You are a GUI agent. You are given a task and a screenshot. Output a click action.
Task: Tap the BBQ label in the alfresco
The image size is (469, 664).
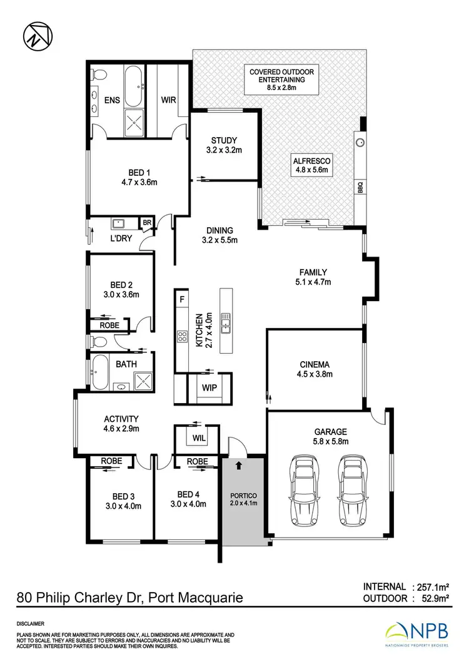pos(360,187)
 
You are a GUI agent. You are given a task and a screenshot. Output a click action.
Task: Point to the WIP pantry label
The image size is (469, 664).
pos(209,387)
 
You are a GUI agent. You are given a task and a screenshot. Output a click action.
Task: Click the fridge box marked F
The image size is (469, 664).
pos(182,299)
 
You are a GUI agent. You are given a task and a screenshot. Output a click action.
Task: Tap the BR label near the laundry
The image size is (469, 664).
pos(148,223)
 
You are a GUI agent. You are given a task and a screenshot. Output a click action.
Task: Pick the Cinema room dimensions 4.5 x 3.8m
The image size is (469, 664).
pos(315,375)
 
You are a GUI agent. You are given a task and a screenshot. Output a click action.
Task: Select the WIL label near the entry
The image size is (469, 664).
pos(199,436)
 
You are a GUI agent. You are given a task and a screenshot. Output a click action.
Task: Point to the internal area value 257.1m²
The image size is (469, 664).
pos(431,587)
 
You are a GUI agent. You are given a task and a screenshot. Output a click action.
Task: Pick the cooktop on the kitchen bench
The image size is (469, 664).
pos(183,337)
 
